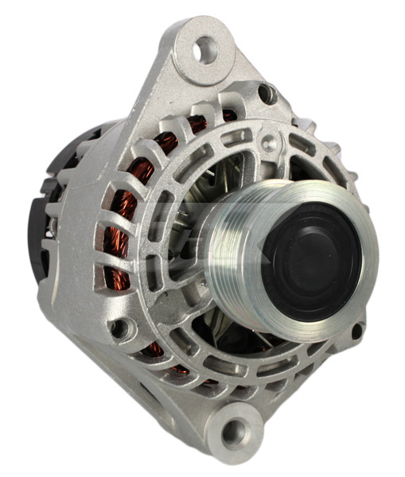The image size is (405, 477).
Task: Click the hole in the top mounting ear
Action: [x=205, y=50]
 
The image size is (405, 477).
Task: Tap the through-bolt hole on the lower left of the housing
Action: [x=119, y=327]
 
